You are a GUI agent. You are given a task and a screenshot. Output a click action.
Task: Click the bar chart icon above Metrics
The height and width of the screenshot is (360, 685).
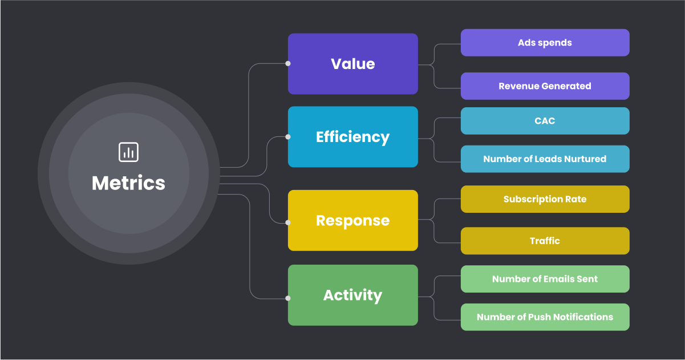[128, 152]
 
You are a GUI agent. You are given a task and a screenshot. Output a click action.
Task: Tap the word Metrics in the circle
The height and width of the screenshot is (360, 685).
[128, 183]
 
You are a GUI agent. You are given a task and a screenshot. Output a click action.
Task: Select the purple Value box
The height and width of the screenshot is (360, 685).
[352, 63]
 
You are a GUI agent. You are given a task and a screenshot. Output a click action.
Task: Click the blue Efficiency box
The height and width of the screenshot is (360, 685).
[352, 137]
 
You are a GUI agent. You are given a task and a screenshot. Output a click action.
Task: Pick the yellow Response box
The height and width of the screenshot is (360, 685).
[352, 220]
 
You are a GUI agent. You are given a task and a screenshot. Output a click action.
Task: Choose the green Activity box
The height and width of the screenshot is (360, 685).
[352, 295]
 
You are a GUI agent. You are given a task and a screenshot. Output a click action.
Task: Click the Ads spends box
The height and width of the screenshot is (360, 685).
[545, 43]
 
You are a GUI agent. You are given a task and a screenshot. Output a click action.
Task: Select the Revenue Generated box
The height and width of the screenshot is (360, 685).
[545, 86]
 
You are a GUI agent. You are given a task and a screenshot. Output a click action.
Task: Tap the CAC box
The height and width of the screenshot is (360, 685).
[545, 121]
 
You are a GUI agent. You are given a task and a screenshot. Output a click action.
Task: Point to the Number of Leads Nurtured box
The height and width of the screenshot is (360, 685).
[545, 159]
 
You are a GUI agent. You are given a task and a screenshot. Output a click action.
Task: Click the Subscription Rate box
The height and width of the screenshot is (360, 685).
[545, 199]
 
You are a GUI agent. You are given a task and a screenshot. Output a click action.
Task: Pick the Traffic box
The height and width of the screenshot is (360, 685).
[545, 241]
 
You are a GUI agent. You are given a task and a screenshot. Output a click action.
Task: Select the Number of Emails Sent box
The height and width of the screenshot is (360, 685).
[545, 279]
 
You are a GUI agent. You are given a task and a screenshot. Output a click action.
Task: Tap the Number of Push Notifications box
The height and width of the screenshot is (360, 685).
[545, 317]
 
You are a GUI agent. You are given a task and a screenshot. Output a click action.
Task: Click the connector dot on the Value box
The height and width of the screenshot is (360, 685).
[288, 63]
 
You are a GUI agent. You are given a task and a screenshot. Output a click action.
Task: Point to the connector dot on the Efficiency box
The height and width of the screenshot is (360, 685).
[288, 137]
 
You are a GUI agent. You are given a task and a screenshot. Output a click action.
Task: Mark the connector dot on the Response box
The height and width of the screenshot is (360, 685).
[288, 223]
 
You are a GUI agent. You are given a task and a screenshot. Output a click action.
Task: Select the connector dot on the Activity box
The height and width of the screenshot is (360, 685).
[288, 298]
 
